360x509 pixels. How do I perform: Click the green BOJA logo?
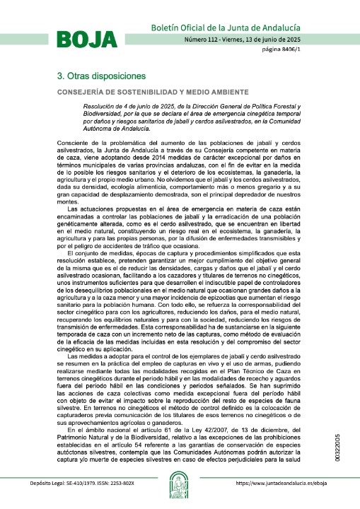[x=86, y=39]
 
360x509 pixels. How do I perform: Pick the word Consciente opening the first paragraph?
[x=73, y=144]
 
